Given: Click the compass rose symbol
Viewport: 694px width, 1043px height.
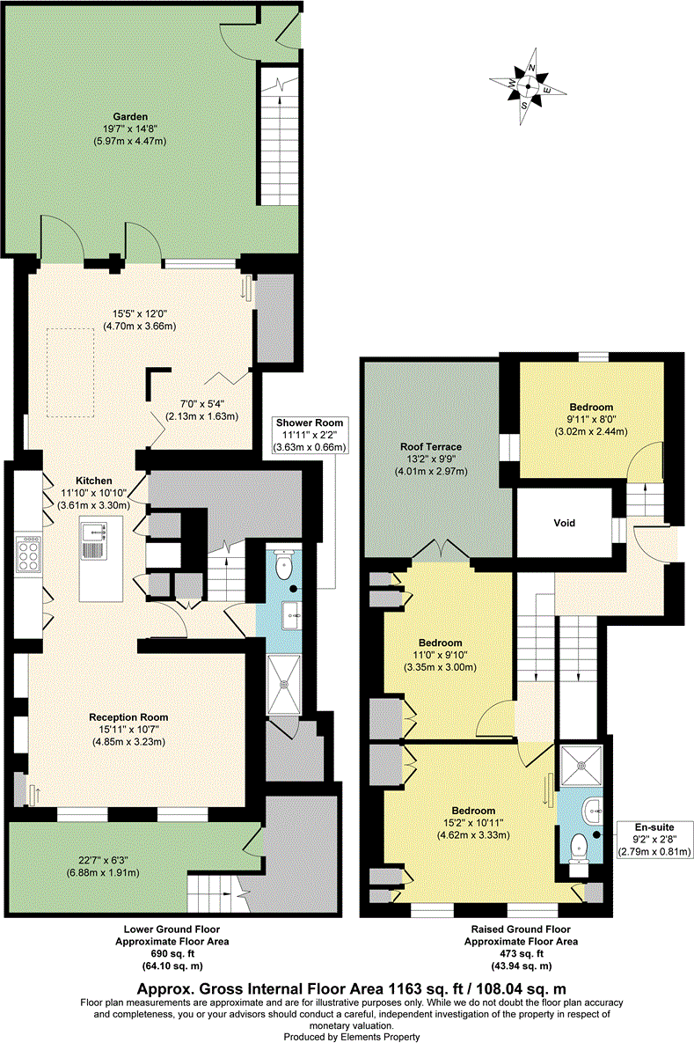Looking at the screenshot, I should (527, 85).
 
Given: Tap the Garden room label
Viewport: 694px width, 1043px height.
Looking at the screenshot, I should (129, 116).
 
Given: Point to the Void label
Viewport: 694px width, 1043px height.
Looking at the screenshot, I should (564, 523).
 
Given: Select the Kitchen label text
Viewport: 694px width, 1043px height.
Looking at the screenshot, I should (93, 481).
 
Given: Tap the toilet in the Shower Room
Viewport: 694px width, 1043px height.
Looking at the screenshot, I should (283, 567).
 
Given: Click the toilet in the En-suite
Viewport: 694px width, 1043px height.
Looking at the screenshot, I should (579, 847).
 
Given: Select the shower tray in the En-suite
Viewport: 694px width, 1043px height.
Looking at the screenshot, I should (581, 763).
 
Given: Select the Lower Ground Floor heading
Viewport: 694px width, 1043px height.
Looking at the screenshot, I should (172, 929).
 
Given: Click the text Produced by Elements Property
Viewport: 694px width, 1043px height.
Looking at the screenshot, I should (346, 1037).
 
